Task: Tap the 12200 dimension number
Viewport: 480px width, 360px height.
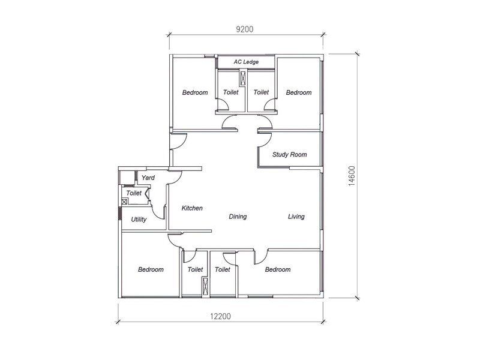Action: point(220,316)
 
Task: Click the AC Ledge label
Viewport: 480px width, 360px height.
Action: point(246,62)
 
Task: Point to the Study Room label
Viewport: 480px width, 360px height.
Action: point(289,154)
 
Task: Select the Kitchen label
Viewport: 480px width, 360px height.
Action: point(192,208)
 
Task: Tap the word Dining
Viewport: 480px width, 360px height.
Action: point(238,217)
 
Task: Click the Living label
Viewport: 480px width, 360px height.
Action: point(296,217)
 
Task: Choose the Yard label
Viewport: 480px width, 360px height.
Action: point(148,178)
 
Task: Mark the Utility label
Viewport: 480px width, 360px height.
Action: point(139,220)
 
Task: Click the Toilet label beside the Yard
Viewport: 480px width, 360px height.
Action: point(134,193)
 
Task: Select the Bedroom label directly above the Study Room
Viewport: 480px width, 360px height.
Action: point(298,92)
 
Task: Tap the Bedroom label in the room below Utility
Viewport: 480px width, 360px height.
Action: point(151,269)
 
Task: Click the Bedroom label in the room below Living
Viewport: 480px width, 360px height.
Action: point(277,269)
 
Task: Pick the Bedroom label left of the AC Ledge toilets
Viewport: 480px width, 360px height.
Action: point(195,92)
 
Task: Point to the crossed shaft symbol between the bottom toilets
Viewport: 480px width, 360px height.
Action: point(205,286)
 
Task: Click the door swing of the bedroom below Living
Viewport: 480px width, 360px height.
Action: point(261,257)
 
